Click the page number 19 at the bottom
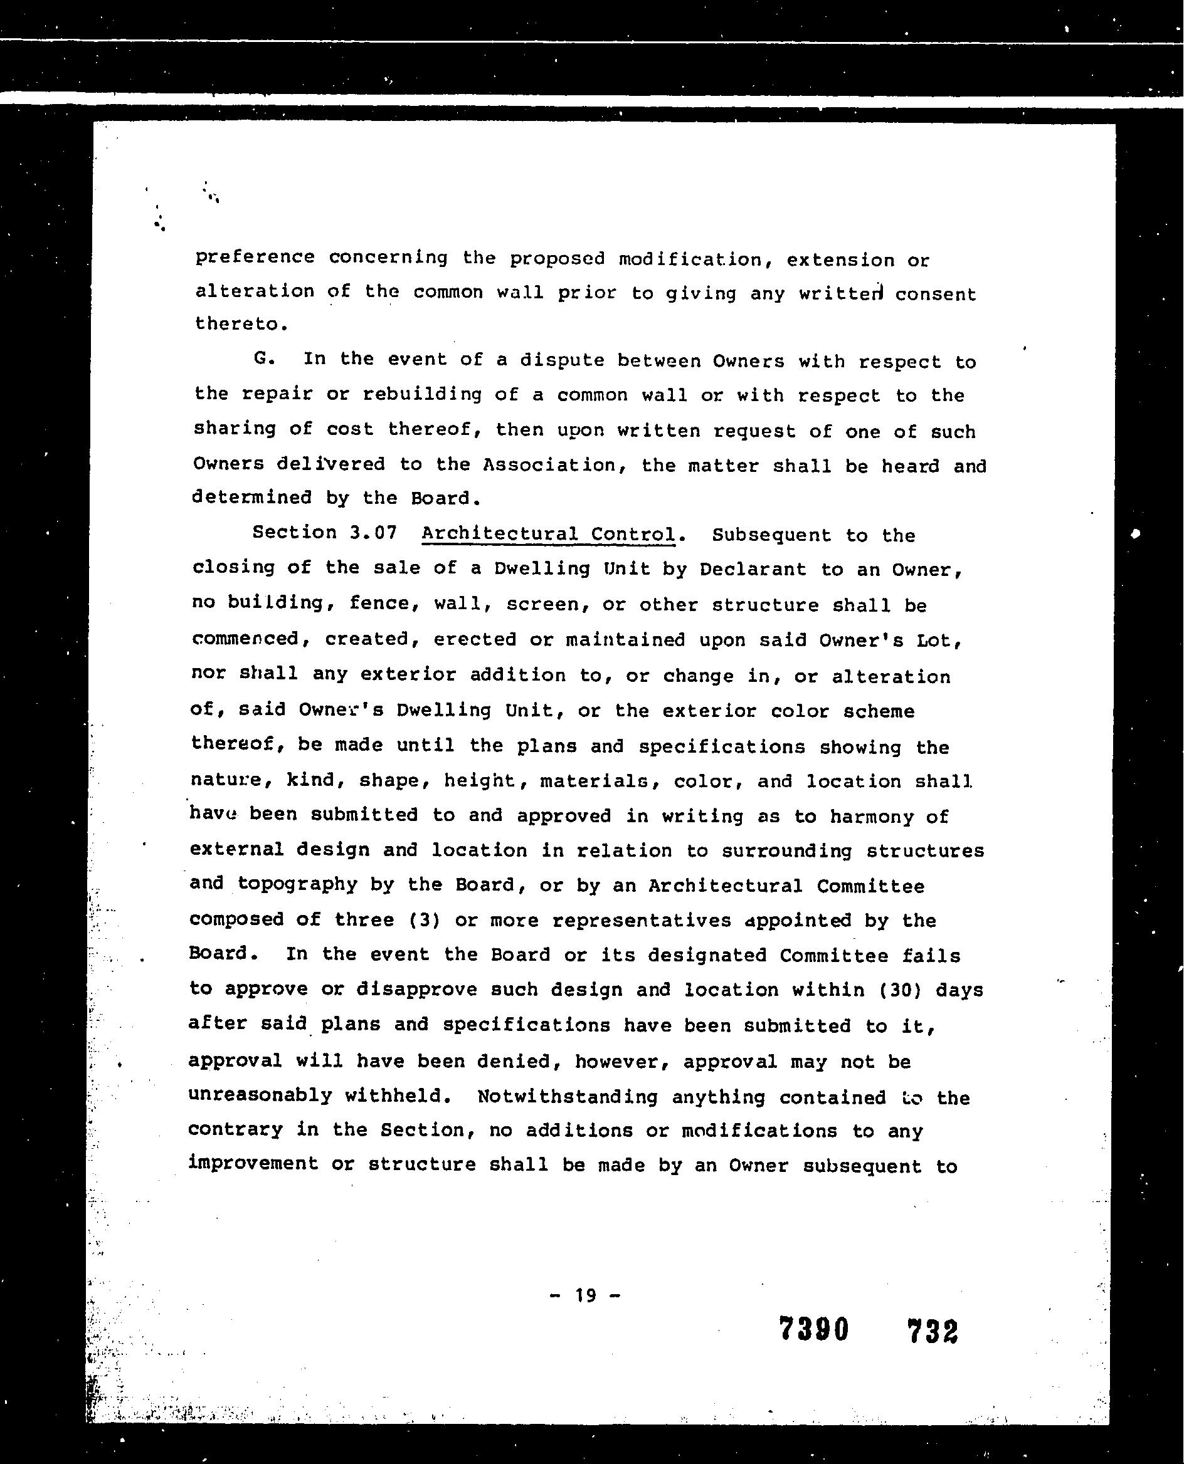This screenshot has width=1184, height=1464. click(585, 1295)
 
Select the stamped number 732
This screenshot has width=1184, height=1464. click(933, 1331)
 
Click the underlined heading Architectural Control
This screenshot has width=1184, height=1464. click(548, 534)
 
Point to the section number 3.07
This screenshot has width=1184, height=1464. click(373, 532)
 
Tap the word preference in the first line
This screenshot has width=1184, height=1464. click(255, 258)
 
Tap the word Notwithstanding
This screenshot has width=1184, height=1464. click(568, 1097)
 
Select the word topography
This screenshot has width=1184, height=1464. click(297, 885)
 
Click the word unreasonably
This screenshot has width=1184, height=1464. click(260, 1095)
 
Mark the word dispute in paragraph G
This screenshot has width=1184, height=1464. click(562, 360)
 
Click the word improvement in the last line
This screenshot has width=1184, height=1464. click(253, 1163)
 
